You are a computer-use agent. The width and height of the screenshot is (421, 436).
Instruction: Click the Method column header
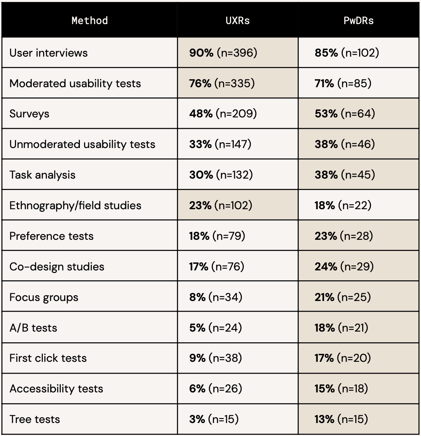pyautogui.click(x=90, y=20)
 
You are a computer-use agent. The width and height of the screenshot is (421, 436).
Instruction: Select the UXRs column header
pyautogui.click(x=238, y=20)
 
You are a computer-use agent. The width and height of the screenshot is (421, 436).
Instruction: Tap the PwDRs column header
pyautogui.click(x=358, y=20)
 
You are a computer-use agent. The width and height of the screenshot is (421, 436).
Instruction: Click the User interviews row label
pyautogui.click(x=49, y=53)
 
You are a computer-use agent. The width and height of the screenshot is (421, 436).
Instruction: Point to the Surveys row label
pyautogui.click(x=29, y=114)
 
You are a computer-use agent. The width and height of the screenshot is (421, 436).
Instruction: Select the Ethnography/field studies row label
pyautogui.click(x=75, y=205)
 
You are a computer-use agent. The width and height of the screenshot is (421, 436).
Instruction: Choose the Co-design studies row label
pyautogui.click(x=57, y=267)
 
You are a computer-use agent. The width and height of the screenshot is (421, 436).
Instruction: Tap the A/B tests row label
pyautogui.click(x=33, y=328)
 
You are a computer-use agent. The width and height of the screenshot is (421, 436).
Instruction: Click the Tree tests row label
pyautogui.click(x=35, y=419)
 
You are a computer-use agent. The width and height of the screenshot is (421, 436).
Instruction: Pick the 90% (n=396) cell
pyautogui.click(x=223, y=53)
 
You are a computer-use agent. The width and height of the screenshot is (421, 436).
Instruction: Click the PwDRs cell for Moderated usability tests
pyautogui.click(x=343, y=83)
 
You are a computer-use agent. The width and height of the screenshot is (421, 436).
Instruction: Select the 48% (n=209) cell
pyautogui.click(x=223, y=114)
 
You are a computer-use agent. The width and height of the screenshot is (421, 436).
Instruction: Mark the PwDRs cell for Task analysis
pyautogui.click(x=345, y=175)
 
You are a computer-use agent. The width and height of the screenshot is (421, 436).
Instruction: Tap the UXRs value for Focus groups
pyautogui.click(x=215, y=297)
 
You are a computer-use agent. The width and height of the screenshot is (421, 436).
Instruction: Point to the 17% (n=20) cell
pyautogui.click(x=343, y=358)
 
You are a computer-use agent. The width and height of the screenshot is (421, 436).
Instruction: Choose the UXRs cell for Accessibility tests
pyautogui.click(x=215, y=389)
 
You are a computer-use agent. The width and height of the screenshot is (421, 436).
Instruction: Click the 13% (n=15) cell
pyautogui.click(x=341, y=419)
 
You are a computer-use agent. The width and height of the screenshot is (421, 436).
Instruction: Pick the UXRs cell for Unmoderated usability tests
pyautogui.click(x=220, y=144)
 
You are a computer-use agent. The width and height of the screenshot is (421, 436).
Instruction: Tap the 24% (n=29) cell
pyautogui.click(x=344, y=267)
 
